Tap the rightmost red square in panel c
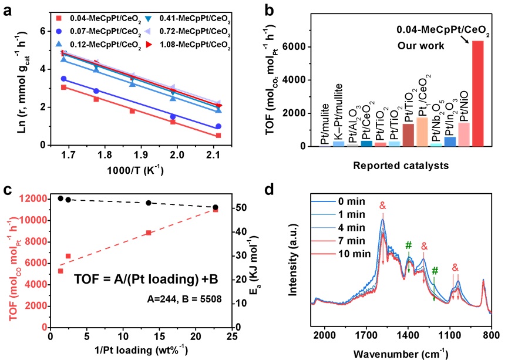coord(216,209)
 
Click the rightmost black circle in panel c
coord(216,207)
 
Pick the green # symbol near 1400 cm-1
coord(409,244)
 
